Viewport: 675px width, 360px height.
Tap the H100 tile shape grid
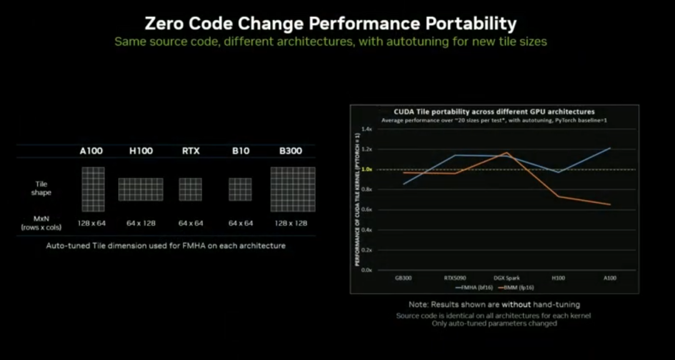[141, 189]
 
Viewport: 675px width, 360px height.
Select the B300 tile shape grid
[292, 189]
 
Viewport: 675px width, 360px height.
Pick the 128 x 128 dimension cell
[292, 223]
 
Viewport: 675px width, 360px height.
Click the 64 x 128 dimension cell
[141, 223]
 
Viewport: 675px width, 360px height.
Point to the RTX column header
[191, 151]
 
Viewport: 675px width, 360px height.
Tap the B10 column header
[240, 151]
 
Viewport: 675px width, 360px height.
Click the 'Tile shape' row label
[41, 189]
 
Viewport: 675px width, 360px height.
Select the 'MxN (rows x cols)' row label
[41, 224]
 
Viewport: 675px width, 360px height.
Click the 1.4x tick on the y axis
[367, 129]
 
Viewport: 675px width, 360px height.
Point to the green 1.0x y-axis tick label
[367, 169]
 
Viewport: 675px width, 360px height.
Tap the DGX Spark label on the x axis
[506, 277]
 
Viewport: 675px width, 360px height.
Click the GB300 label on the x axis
[403, 277]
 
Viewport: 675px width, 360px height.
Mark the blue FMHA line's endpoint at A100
[609, 148]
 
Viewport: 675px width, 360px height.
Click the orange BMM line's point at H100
[558, 196]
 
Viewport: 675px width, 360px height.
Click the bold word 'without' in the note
[517, 304]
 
